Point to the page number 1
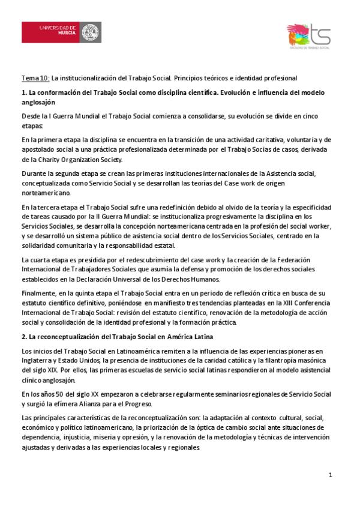(330, 475)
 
